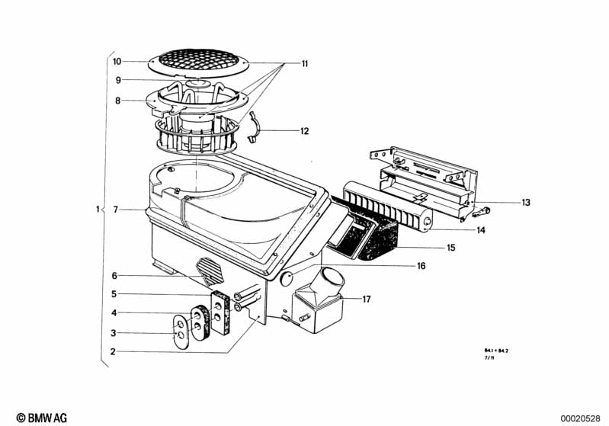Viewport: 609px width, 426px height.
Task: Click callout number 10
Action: [x=117, y=61]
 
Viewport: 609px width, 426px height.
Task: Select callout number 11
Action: [x=304, y=65]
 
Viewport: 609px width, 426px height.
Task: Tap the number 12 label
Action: [x=304, y=131]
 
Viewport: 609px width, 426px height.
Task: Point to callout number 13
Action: [x=525, y=203]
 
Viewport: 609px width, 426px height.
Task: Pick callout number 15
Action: [x=450, y=248]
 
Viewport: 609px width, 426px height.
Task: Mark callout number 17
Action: [x=366, y=299]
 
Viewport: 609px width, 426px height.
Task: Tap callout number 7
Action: [x=116, y=209]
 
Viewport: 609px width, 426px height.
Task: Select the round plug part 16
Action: [x=287, y=279]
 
